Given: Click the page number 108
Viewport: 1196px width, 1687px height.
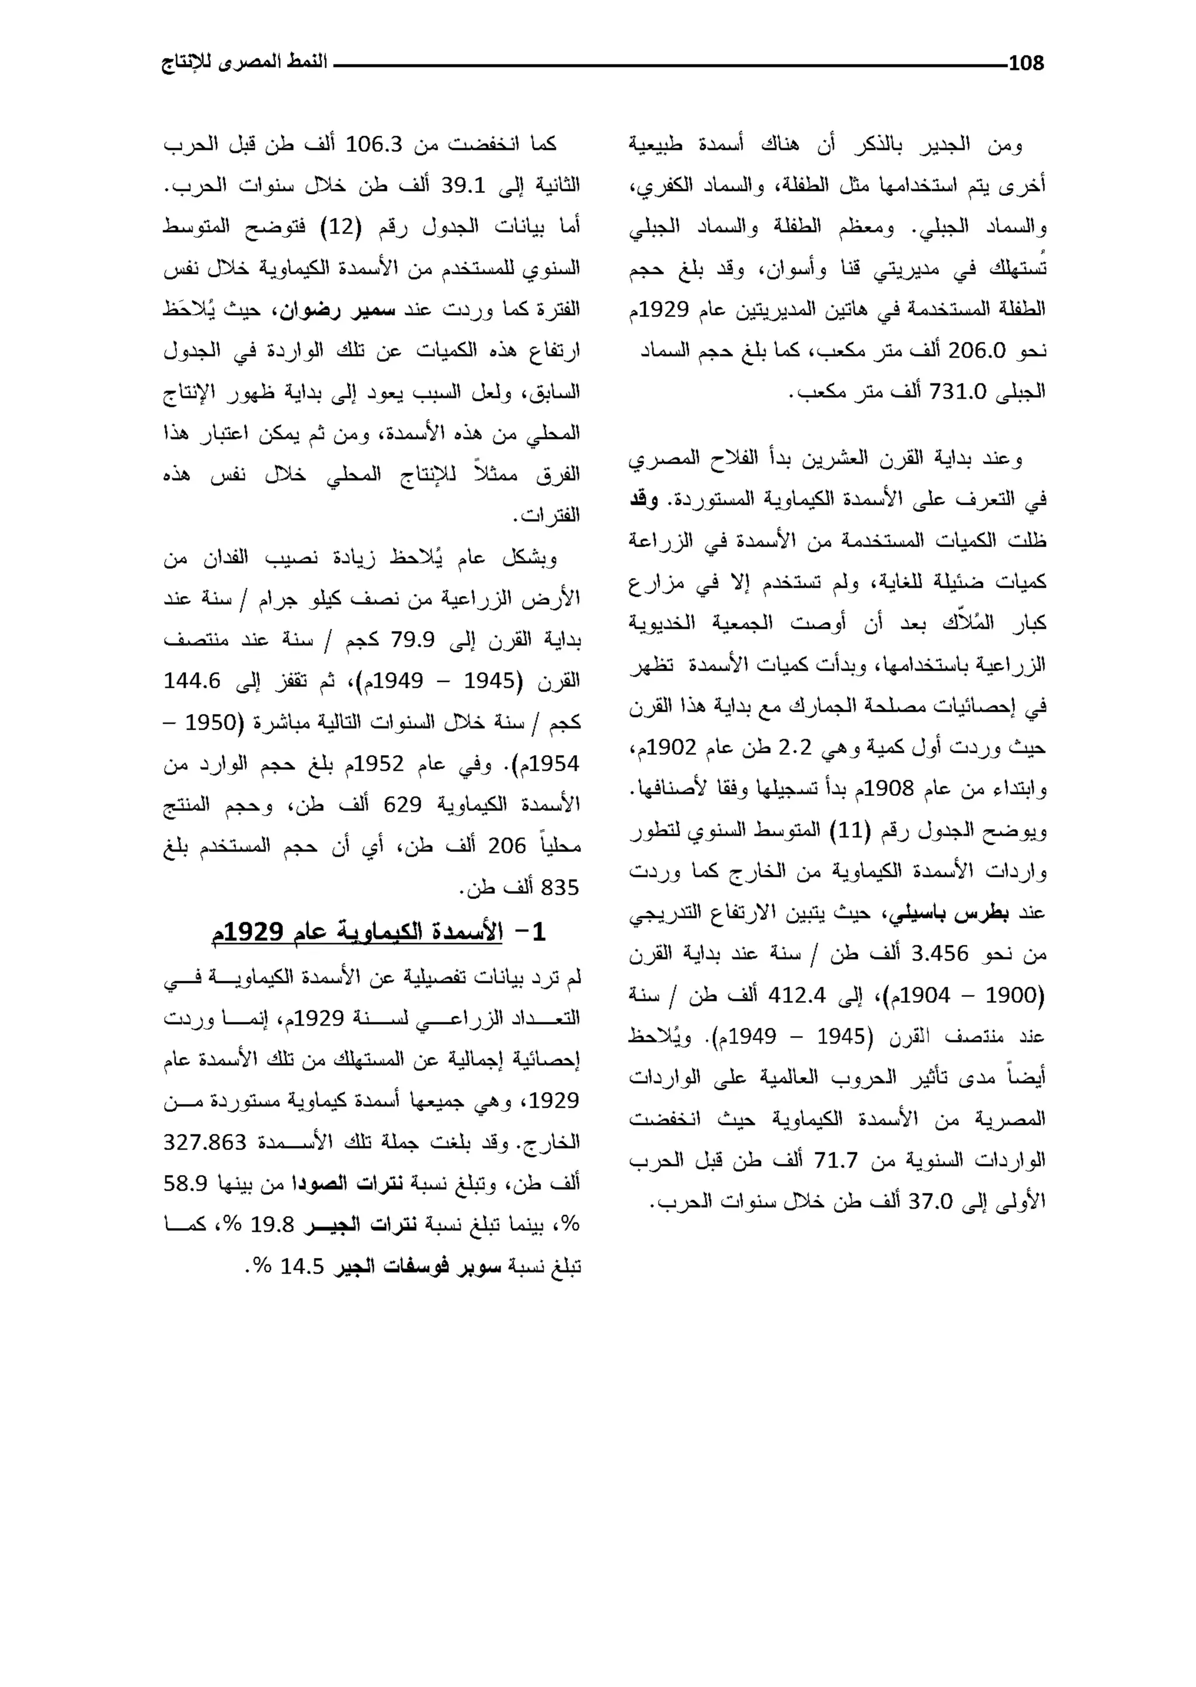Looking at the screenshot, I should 1026,63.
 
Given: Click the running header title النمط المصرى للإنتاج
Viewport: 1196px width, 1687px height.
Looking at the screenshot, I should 244,62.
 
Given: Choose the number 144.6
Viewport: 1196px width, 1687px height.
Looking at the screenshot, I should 192,681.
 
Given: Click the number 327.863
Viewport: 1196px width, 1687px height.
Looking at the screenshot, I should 205,1142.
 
